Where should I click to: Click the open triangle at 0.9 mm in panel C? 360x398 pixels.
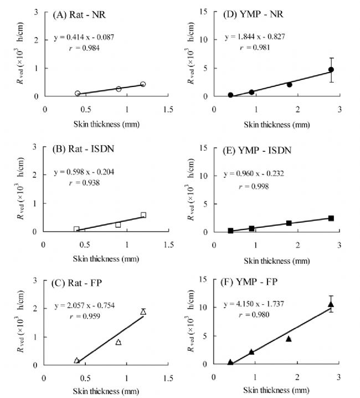click(x=119, y=342)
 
